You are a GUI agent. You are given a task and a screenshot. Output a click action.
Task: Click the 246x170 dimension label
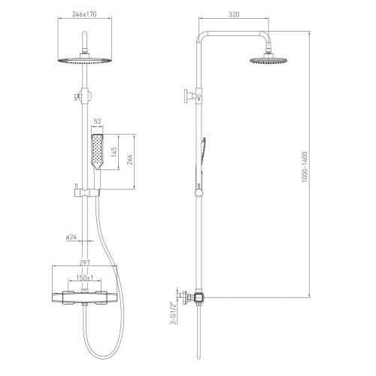[x=84, y=14]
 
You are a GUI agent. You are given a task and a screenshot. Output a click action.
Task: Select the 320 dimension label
[x=234, y=14]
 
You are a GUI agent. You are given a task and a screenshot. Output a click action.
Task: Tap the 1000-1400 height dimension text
[x=305, y=167]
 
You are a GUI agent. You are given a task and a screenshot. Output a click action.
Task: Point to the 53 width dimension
[x=97, y=121]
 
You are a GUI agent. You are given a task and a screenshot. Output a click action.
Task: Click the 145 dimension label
[x=114, y=152]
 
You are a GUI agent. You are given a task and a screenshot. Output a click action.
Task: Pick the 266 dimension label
[x=129, y=159]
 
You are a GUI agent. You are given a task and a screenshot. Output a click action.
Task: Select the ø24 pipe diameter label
[x=71, y=237]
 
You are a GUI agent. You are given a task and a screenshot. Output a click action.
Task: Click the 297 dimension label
[x=85, y=262]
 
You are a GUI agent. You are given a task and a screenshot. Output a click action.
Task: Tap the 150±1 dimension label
[x=85, y=277]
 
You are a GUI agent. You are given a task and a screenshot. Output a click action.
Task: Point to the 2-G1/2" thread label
[x=173, y=313]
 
